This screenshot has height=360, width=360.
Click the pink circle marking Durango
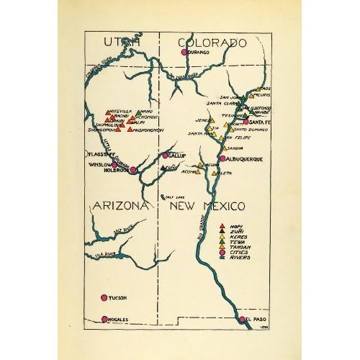[x=184, y=53]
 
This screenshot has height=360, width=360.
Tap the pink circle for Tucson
[x=104, y=297]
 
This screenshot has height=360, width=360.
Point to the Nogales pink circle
[x=104, y=319]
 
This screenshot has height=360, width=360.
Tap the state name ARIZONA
[x=120, y=207]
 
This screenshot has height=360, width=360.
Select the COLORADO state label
[x=213, y=43]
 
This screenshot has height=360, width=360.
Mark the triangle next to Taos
[x=253, y=89]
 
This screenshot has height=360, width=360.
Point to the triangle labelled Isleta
[x=213, y=173]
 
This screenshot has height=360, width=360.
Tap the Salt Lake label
[x=176, y=197]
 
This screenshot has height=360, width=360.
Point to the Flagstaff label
[x=96, y=153]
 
